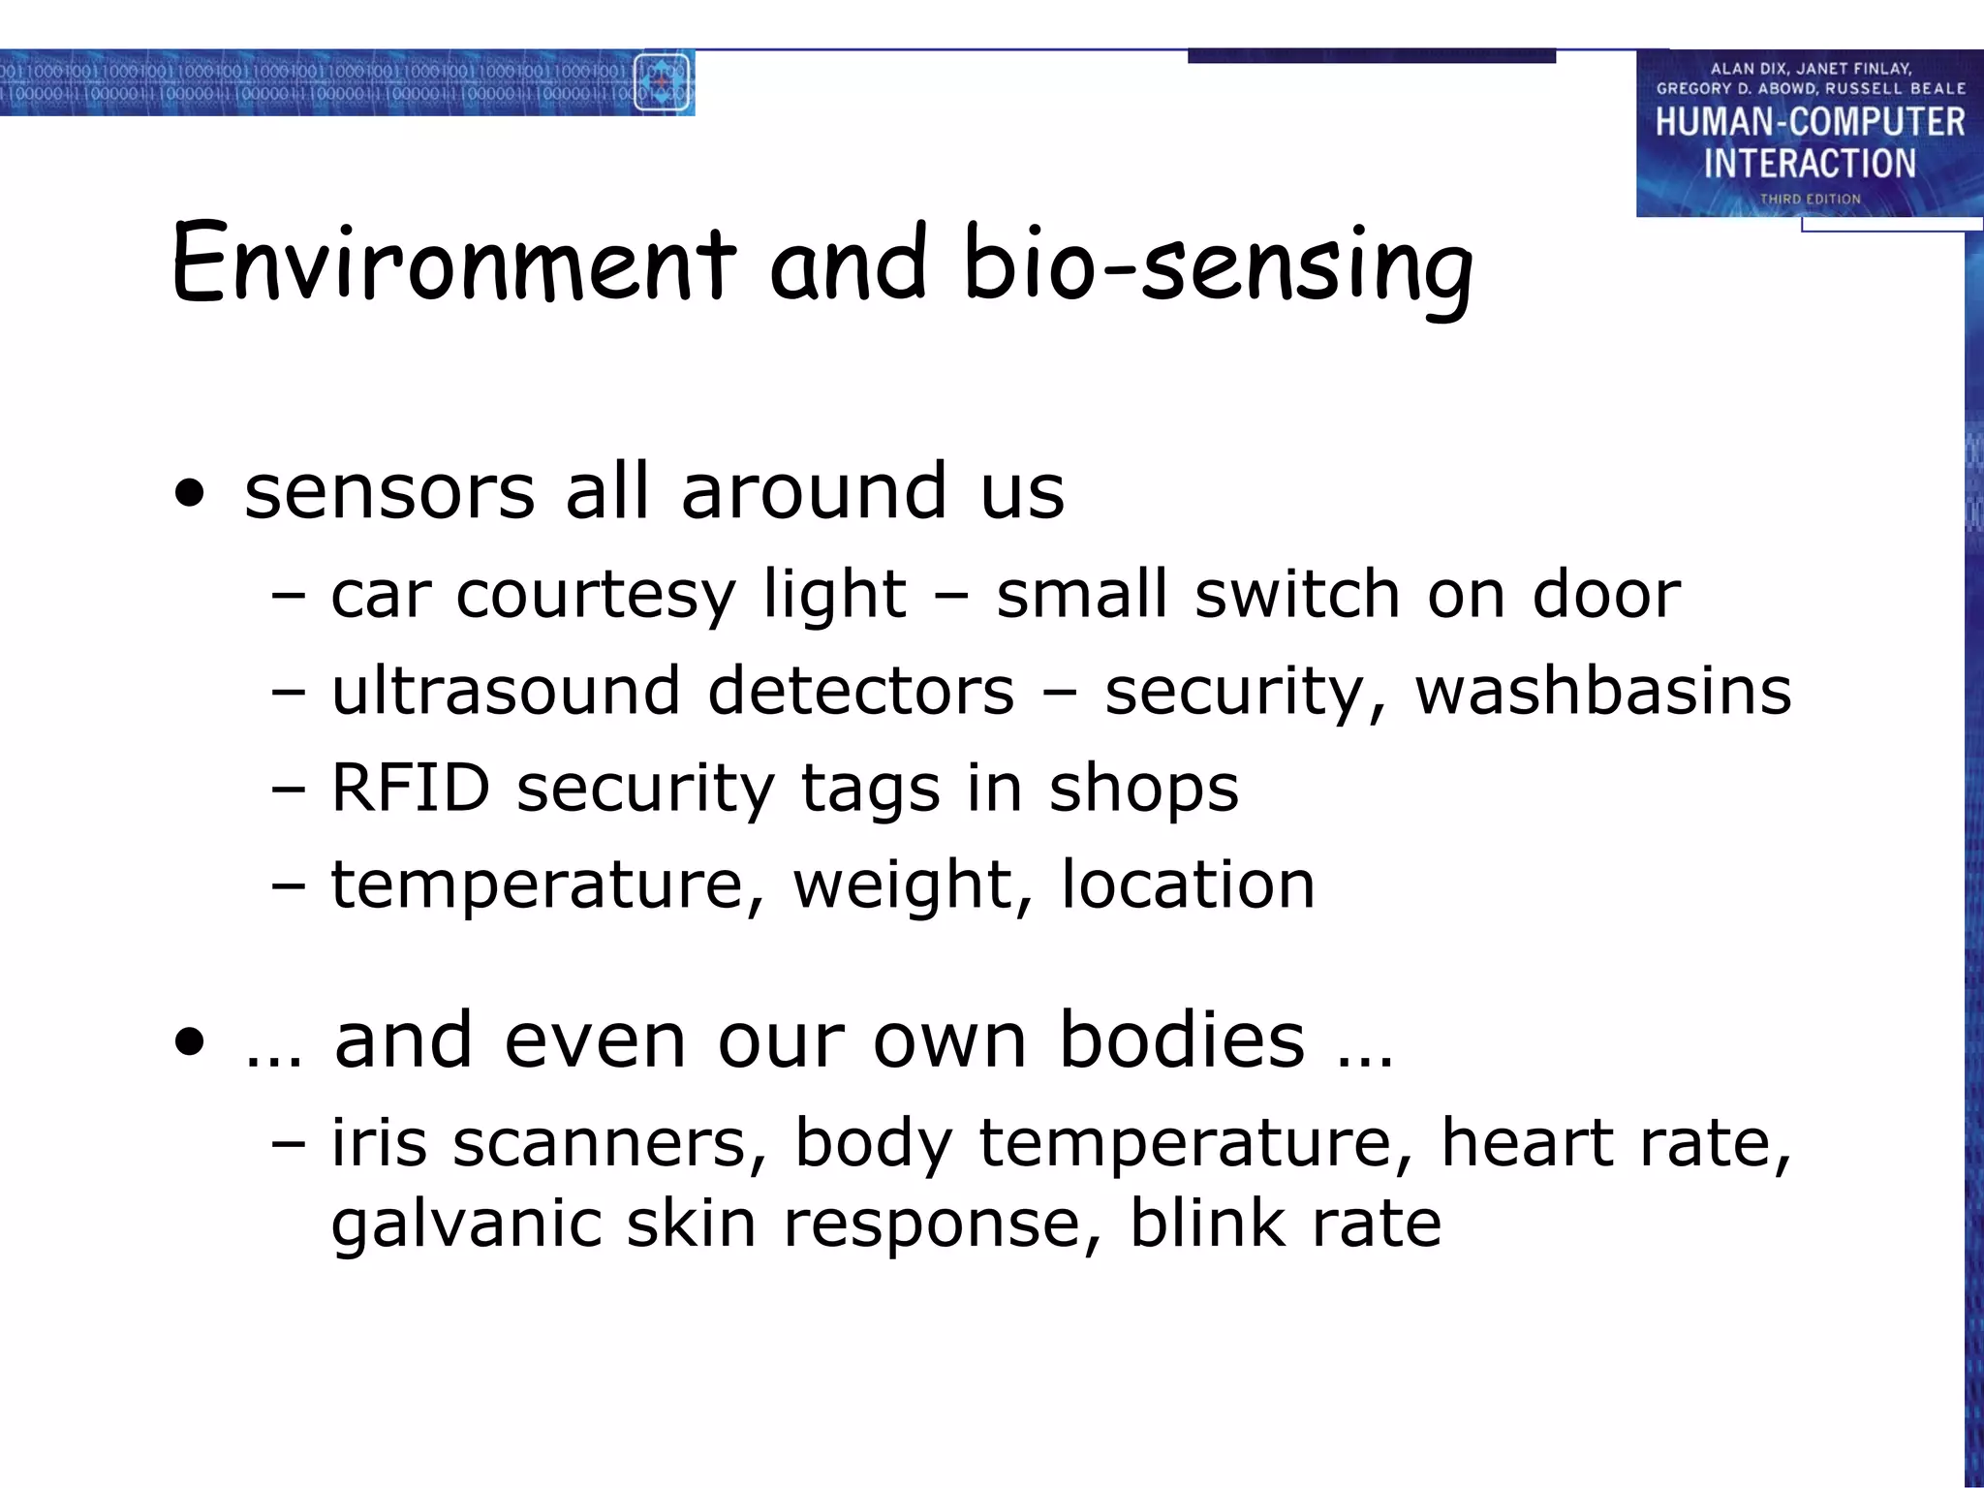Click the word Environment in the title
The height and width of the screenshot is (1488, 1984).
453,263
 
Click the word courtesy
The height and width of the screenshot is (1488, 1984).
596,594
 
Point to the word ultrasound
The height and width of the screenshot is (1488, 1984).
506,691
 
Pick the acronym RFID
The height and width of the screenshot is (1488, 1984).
411,787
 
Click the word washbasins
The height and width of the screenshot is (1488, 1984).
1603,691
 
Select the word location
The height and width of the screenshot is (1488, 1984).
1188,884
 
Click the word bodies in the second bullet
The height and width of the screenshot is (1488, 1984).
1182,1039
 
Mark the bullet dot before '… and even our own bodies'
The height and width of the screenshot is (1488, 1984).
191,1043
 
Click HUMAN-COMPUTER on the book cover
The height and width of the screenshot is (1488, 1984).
1810,122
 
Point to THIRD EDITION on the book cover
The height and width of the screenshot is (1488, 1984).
1810,199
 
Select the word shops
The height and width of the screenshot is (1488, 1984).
1143,787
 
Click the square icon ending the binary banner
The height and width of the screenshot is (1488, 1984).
662,82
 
